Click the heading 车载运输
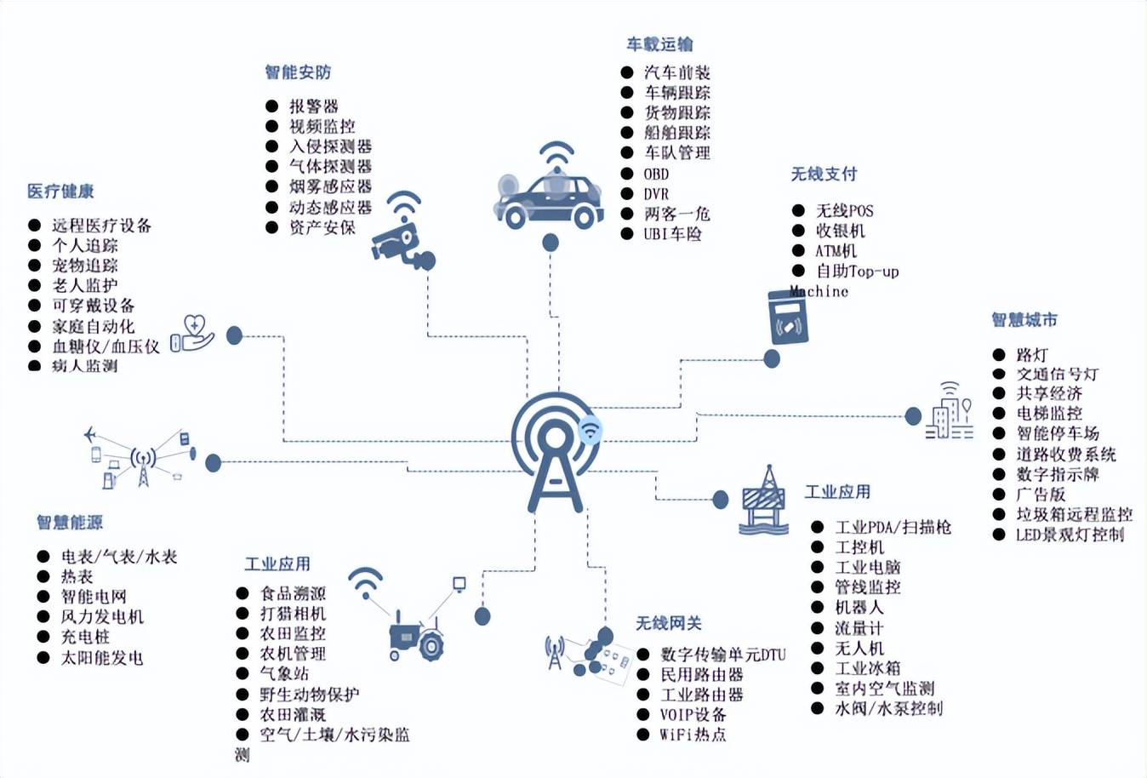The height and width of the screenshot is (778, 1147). tap(659, 44)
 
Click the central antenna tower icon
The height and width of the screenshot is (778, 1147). tap(556, 451)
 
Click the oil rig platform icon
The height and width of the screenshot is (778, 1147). tap(763, 501)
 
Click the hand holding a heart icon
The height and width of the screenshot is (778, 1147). tap(193, 334)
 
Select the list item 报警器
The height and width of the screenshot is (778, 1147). tap(314, 106)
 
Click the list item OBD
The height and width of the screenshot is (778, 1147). tap(656, 174)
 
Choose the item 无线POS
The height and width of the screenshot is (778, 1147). tap(844, 210)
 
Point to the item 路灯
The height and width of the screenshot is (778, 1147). tap(1032, 354)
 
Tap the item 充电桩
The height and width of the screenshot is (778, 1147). tap(85, 637)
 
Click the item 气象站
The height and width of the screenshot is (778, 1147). tap(284, 673)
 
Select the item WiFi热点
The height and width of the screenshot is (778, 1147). tap(693, 735)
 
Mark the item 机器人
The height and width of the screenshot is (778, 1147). tap(859, 607)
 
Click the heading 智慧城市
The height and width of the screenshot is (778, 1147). tap(1024, 320)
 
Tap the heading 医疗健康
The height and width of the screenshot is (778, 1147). tap(60, 192)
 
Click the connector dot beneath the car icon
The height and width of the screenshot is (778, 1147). tap(551, 243)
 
